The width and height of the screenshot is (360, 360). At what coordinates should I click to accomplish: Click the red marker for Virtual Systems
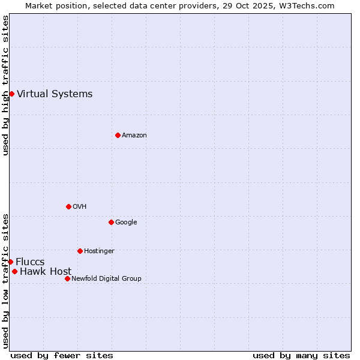(11, 94)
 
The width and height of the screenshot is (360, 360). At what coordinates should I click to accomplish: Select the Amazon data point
(118, 135)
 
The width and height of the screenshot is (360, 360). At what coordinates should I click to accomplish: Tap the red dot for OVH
(68, 206)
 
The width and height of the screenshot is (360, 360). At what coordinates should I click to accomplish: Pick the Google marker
(111, 222)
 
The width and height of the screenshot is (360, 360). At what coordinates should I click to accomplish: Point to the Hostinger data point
(80, 251)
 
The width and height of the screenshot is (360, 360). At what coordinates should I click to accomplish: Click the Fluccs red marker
(10, 262)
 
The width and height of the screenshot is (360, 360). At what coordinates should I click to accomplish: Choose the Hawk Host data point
(14, 271)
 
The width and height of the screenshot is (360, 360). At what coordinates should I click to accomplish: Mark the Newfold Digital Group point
(67, 278)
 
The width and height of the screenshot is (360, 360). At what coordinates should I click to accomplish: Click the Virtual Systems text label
(55, 94)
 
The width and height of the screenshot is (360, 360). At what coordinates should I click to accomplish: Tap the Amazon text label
(134, 135)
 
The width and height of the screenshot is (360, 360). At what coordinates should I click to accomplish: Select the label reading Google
(126, 222)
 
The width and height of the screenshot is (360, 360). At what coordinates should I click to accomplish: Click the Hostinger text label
(99, 251)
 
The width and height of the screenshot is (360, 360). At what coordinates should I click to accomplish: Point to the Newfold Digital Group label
(106, 278)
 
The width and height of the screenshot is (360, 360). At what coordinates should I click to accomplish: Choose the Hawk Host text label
(46, 271)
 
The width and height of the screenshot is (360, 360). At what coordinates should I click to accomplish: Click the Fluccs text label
(30, 262)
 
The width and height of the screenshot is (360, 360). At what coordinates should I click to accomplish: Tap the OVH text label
(80, 206)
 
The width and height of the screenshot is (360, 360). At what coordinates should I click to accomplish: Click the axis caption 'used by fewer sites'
(62, 355)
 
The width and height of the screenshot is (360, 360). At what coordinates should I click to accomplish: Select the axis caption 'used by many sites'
(301, 355)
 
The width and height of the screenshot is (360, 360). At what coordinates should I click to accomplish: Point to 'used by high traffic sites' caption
(5, 85)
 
